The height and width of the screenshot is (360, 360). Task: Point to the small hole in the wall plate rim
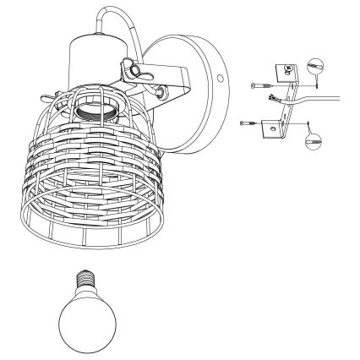tap(222, 78)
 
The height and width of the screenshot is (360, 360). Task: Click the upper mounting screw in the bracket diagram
tap(259, 85)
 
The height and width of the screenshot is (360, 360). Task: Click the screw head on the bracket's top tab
tap(291, 68)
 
